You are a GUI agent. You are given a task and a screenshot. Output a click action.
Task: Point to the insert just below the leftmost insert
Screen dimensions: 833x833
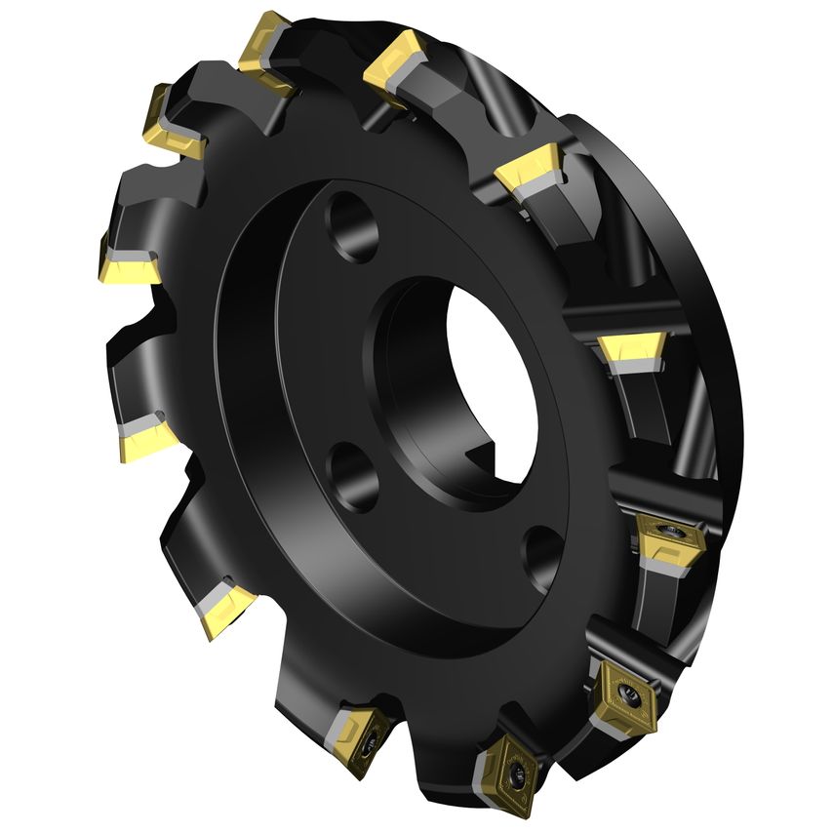146,439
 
